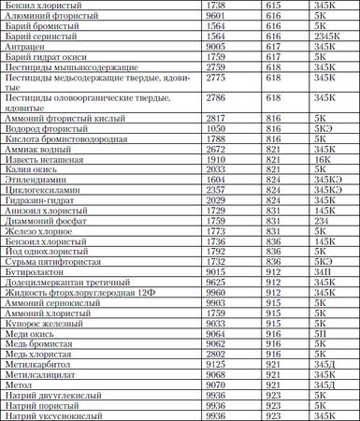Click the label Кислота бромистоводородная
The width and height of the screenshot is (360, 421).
tap(60, 138)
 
